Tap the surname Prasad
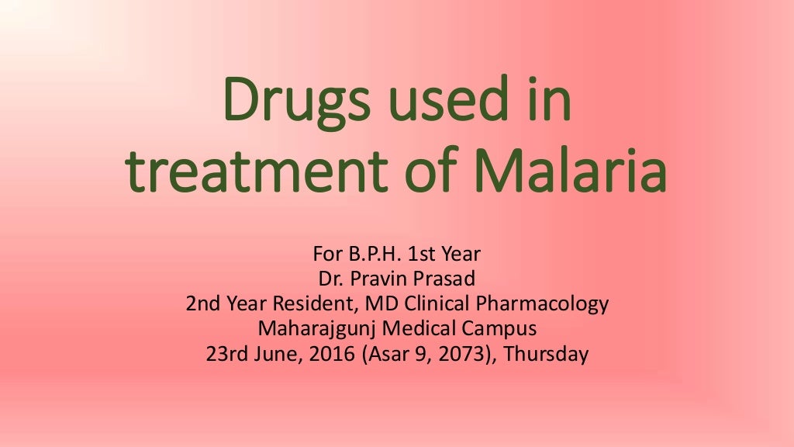448,279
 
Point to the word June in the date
270,355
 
